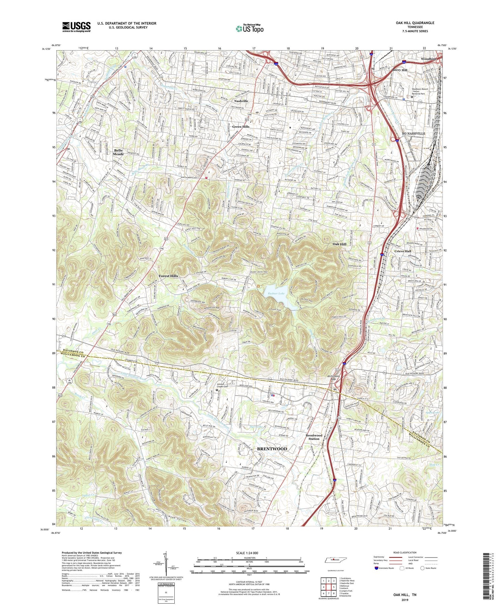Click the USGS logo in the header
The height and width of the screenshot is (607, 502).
click(x=76, y=27)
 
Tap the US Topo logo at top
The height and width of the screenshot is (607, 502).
click(x=249, y=29)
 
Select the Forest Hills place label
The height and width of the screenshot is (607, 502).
click(x=168, y=276)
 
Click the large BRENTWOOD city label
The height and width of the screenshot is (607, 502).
click(x=272, y=449)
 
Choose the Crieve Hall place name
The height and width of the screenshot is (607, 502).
click(x=403, y=251)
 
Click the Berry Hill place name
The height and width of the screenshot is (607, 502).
click(x=399, y=70)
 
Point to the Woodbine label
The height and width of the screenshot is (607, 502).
click(x=429, y=59)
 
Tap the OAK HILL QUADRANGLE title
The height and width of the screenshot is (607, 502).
click(x=415, y=23)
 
